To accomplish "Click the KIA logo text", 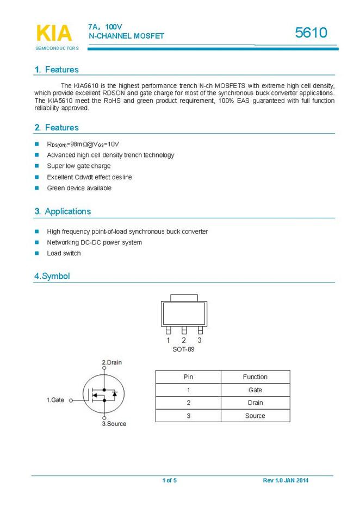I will click(54, 33).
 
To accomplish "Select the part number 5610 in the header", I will click(311, 33).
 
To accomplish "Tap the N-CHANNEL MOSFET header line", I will click(126, 36).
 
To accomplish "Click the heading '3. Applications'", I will click(63, 211).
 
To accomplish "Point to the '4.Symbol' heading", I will click(52, 276).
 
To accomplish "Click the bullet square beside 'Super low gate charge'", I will click(38, 166).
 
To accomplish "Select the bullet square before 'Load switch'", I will click(38, 253).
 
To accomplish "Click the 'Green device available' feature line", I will click(79, 188).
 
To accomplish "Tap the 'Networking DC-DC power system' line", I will click(94, 242).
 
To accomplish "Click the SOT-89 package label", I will click(184, 349).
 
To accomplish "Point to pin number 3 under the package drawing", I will click(200, 340).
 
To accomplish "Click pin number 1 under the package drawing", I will click(169, 340).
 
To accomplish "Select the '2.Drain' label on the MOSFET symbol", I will click(112, 362).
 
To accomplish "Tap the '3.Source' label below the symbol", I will click(114, 423).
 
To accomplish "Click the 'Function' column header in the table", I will click(255, 377).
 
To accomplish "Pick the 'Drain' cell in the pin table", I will click(255, 403).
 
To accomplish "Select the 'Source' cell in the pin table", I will click(255, 416).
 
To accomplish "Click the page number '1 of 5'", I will click(170, 480).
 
